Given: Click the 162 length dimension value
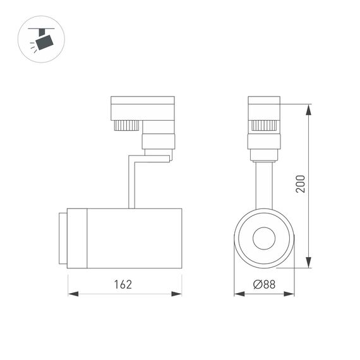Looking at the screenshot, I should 123,284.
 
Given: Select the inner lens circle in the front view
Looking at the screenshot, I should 263,239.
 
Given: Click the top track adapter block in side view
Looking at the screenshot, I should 142,107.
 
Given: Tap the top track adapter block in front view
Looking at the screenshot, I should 263,107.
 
